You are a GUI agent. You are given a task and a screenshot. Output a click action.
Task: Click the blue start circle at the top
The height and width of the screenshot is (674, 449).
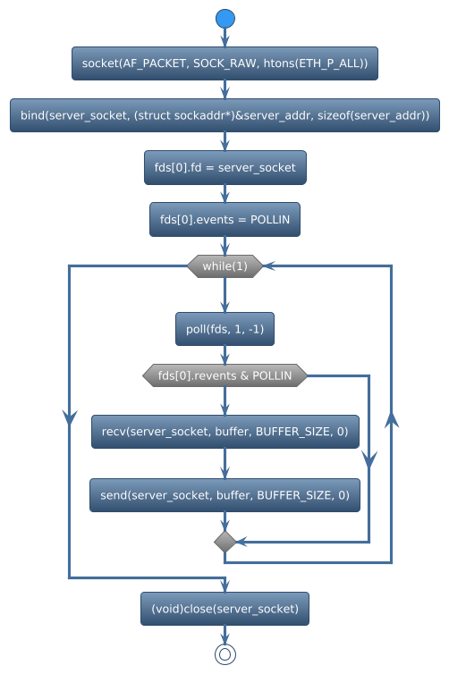coord(224,20)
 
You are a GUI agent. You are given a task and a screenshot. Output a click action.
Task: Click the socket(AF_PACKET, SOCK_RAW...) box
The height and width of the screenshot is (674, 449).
coord(224,63)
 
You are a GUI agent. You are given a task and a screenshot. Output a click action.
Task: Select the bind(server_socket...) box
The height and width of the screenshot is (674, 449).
coord(224,115)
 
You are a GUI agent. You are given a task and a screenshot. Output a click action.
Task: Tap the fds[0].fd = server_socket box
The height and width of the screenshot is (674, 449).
coord(224,167)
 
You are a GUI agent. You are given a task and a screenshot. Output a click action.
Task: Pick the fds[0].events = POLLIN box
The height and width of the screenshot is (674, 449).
coord(224,219)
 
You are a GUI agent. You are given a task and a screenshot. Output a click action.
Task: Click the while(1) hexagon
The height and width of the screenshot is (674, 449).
coord(224,266)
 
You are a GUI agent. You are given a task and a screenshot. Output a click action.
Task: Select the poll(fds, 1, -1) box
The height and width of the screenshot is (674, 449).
coord(224,330)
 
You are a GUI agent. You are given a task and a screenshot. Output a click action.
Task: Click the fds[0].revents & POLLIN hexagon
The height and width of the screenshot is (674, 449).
coord(224,376)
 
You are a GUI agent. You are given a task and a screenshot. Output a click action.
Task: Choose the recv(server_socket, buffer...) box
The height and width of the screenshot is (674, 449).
coord(224,432)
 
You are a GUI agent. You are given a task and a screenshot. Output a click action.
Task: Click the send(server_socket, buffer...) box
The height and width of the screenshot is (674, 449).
coord(224,494)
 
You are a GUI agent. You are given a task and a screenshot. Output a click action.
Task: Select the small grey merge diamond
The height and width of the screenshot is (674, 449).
coord(224,542)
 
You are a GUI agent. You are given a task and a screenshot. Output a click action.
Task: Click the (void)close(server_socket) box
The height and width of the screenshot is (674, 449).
coord(224,609)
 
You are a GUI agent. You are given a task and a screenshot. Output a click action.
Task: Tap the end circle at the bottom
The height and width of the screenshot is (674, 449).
coord(224,654)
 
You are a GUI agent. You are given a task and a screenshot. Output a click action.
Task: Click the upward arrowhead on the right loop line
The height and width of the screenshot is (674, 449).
coord(392,421)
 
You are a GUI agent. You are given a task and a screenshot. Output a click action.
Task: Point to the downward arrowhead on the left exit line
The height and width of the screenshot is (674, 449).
coord(69,417)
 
